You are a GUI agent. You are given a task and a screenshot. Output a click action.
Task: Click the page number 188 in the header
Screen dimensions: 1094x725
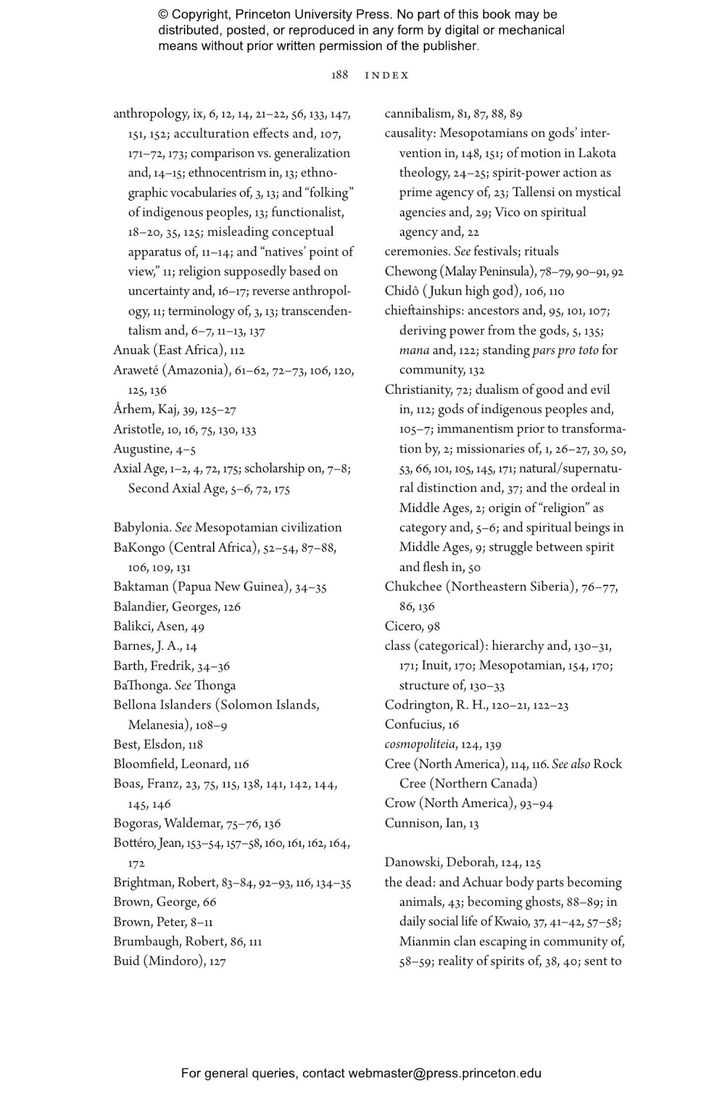click(339, 75)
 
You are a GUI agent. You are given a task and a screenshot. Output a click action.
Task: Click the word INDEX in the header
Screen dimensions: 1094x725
click(387, 75)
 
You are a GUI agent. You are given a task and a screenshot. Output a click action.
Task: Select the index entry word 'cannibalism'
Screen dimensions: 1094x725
click(417, 114)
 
